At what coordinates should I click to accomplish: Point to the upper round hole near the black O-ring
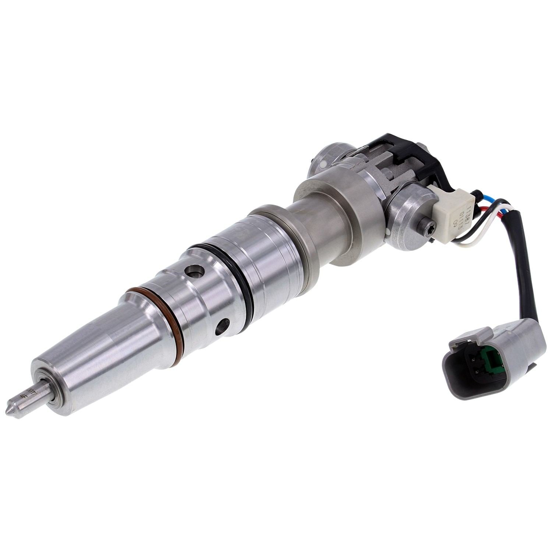195,273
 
